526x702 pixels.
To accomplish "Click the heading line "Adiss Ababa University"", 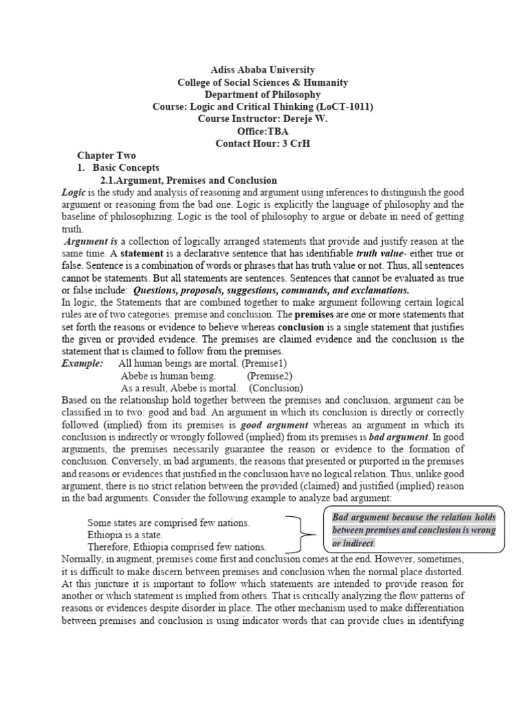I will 262,70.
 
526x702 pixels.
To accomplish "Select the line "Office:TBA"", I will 262,131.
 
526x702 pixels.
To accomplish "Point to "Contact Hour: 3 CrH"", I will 262,143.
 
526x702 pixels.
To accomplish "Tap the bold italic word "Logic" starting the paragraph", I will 73,193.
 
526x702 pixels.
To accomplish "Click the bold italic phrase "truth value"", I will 381,254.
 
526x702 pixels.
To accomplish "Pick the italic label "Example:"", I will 82,363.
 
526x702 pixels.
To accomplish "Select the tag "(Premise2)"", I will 270,376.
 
